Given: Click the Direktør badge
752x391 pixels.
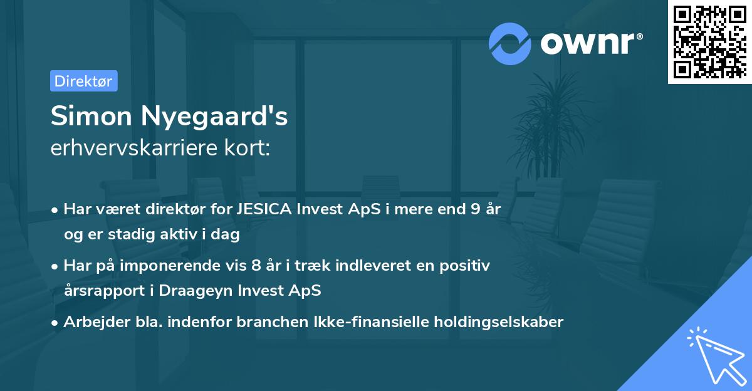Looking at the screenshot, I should pos(83,81).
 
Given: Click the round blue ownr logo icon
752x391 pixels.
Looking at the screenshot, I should pos(510,43).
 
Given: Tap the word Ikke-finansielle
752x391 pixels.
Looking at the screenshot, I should pos(366,322).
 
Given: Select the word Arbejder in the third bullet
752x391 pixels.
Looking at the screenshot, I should pos(91,322).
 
